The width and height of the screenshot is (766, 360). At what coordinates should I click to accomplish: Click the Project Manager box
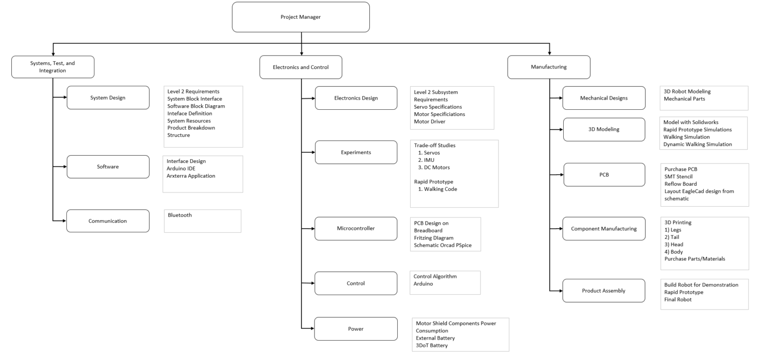[301, 17]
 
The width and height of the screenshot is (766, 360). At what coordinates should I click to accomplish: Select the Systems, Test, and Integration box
[53, 67]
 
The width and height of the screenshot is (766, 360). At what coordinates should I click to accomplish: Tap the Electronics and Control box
[301, 67]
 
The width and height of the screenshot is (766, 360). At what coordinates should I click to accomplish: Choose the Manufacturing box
[548, 67]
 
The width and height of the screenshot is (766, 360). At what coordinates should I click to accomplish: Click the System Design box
[108, 98]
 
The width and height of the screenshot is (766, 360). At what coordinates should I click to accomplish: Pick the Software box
[108, 167]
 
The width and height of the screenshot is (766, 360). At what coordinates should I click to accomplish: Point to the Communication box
[108, 221]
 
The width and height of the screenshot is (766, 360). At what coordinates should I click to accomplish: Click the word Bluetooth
[180, 215]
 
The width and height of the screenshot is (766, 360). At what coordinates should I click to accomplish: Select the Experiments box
[356, 152]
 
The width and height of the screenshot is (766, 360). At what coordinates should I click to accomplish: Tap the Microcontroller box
[356, 228]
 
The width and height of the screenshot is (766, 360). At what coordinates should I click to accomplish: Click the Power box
[356, 329]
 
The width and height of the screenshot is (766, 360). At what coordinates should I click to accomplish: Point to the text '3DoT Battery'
[432, 346]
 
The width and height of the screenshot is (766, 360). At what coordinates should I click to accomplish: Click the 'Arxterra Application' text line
[191, 176]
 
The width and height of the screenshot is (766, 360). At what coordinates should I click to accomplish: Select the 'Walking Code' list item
[441, 189]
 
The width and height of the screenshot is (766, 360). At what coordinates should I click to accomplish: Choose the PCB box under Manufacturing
[604, 175]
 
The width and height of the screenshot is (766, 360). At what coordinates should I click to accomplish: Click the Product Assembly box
[604, 291]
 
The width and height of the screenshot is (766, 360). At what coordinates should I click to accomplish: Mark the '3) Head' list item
[674, 244]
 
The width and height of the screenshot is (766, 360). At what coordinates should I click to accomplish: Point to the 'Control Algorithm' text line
[435, 276]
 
